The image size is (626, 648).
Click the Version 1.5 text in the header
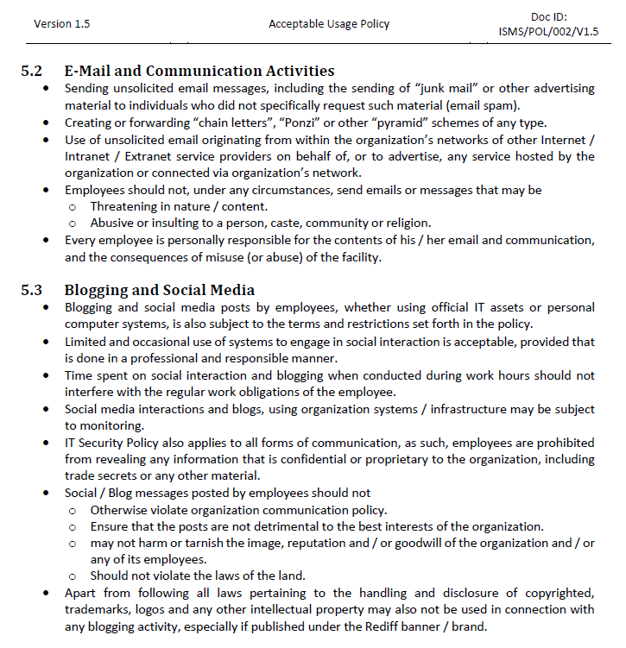point(61,23)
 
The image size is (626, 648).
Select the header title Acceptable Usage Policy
point(328,23)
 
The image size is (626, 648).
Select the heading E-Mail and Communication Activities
point(199,71)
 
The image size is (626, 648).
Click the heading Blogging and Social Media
point(159,290)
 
